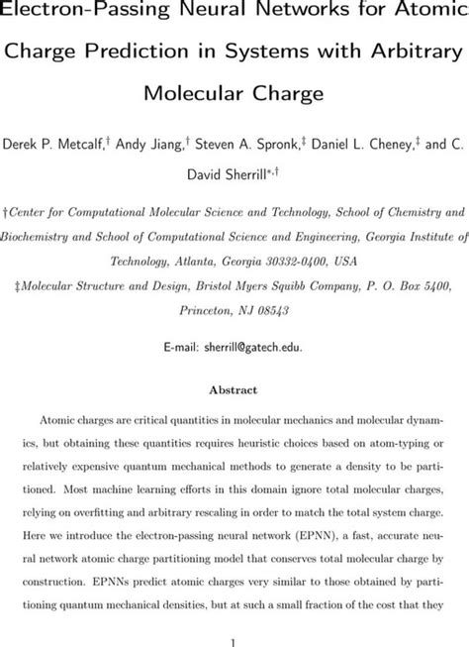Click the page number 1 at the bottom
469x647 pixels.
[x=234, y=626]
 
